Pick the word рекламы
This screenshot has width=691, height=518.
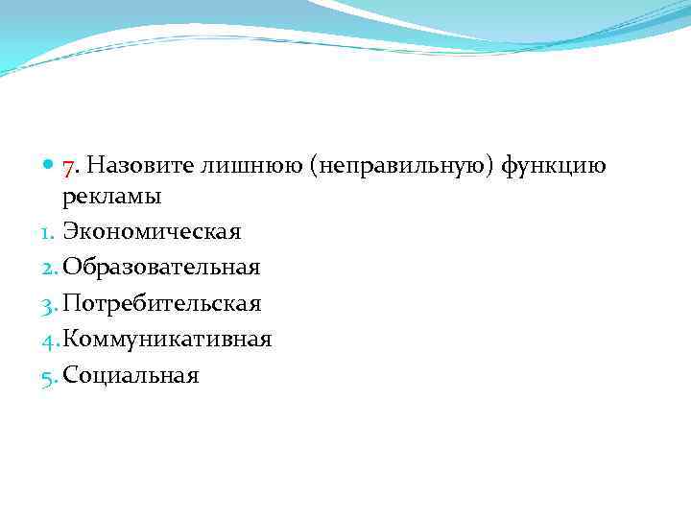111,199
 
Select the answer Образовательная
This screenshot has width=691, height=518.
161,269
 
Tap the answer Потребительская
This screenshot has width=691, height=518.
162,304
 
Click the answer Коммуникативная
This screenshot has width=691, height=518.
168,340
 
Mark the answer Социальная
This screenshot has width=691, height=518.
131,375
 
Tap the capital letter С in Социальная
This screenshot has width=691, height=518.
71,375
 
